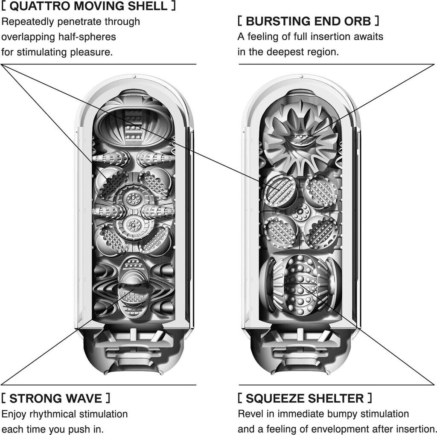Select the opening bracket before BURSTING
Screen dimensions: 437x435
(240, 21)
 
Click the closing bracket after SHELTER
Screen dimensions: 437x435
(370, 398)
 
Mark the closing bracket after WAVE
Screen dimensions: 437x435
(108, 398)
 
